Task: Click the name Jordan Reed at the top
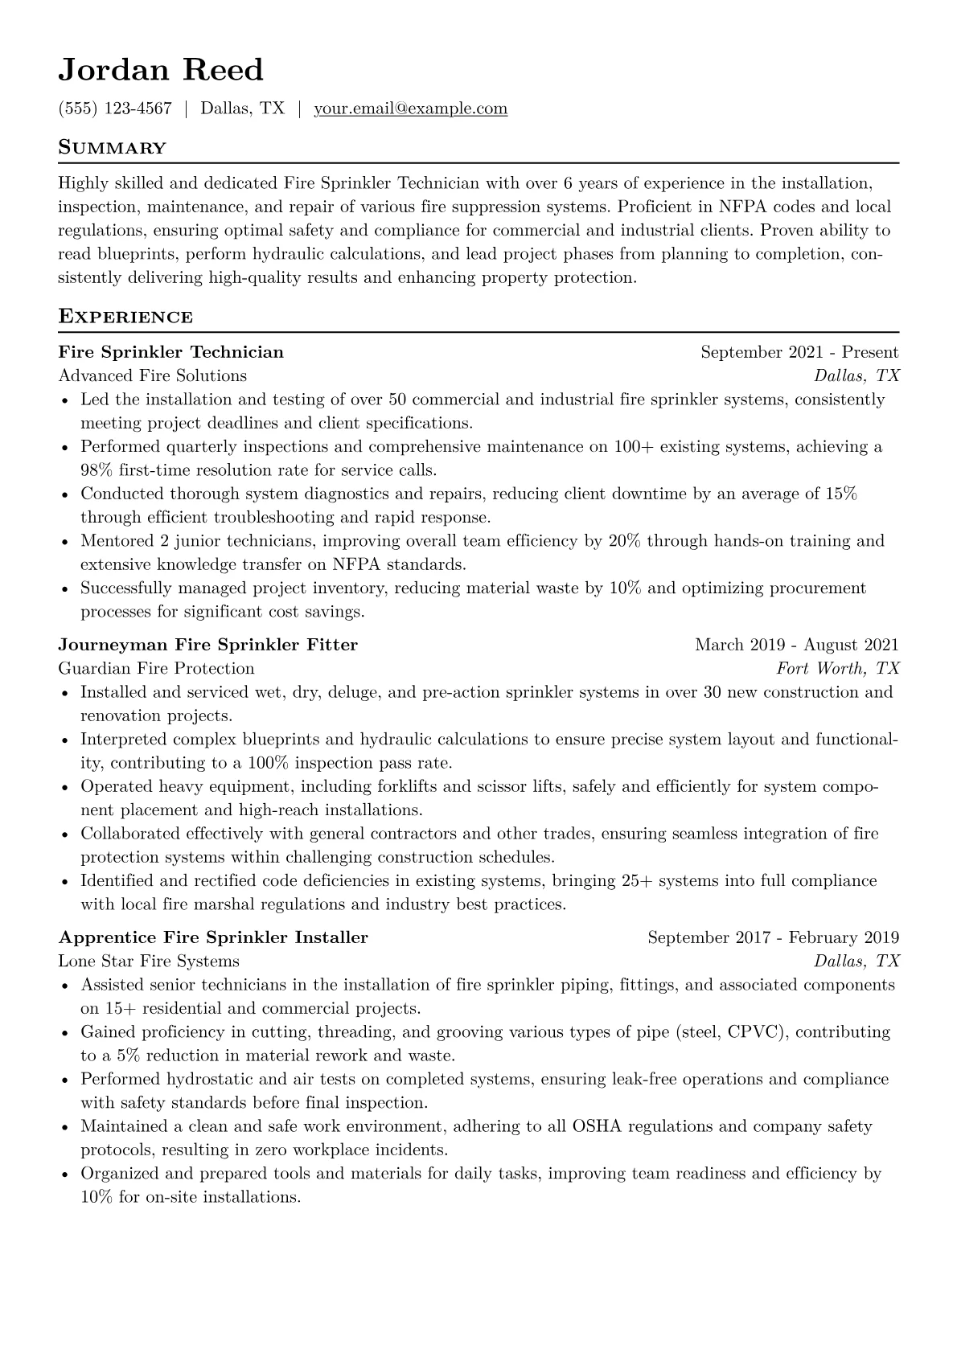coord(161,71)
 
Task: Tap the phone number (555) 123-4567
coord(115,109)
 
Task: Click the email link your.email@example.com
coord(410,109)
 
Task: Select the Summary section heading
coord(112,148)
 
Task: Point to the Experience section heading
coord(125,317)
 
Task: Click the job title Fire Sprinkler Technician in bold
coord(171,352)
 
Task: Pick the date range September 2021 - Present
coord(799,352)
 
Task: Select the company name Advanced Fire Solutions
coord(153,375)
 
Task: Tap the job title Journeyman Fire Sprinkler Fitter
coord(208,645)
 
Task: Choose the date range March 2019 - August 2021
coord(796,645)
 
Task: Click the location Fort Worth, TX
coord(837,668)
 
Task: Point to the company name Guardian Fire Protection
coord(156,668)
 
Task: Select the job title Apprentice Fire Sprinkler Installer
coord(213,937)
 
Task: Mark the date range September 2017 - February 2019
coord(773,937)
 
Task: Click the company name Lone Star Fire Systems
coord(149,961)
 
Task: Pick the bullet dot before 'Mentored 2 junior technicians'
coord(65,542)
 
